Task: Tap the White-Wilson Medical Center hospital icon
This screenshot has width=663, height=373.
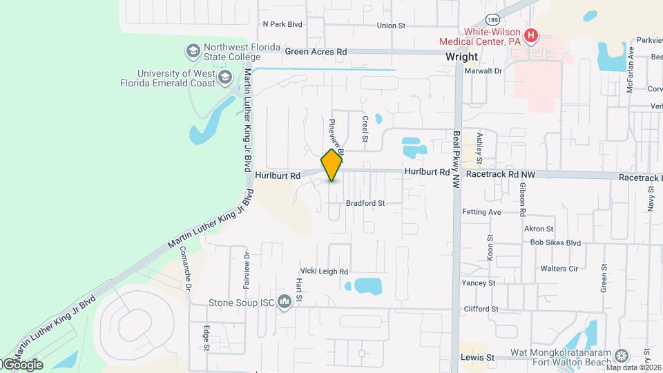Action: pos(531,36)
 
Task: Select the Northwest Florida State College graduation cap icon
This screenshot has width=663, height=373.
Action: pos(193,51)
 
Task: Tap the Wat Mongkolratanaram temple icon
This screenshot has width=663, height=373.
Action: pos(622,355)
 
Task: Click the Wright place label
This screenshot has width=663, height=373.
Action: pos(462,57)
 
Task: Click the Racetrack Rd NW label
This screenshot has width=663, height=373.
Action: pos(501,175)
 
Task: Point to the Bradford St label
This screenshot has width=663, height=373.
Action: pos(365,203)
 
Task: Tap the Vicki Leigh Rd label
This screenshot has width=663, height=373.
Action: pos(324,271)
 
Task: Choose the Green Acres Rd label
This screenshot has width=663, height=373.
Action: pos(316,52)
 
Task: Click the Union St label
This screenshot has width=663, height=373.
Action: pos(391,26)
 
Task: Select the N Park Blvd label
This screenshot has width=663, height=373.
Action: pos(282,24)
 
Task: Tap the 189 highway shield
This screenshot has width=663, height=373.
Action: pos(492,20)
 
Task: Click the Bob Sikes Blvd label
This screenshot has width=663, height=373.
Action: pos(555,242)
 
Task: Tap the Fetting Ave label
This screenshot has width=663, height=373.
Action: pos(481,212)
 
